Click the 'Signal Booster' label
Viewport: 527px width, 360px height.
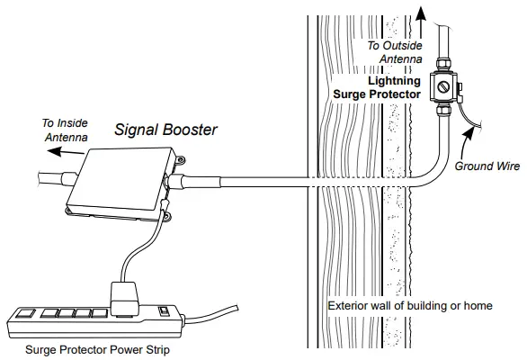165,130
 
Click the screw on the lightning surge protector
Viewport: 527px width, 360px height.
442,87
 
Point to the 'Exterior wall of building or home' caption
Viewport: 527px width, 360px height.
410,306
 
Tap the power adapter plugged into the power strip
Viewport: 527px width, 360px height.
124,296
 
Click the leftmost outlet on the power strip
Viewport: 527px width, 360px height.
25,315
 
